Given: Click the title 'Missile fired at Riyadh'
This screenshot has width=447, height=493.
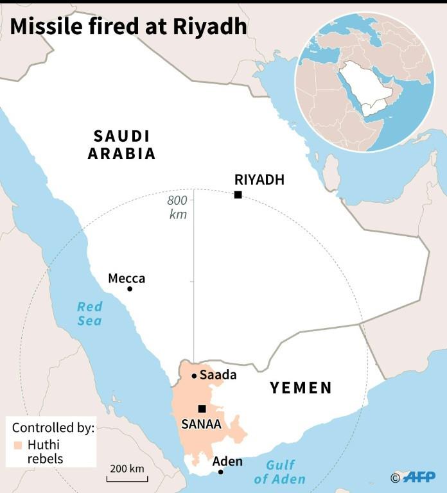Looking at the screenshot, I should coord(128,26).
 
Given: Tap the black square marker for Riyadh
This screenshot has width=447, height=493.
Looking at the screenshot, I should coord(238,195).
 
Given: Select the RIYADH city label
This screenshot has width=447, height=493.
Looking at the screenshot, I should coord(259,180).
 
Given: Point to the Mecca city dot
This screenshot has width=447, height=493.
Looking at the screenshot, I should coord(130,289).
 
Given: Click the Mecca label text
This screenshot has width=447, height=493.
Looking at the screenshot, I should coord(127,278).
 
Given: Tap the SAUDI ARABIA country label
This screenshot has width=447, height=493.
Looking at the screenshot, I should coord(122,144).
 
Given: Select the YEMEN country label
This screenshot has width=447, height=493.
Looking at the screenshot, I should coord(301,387).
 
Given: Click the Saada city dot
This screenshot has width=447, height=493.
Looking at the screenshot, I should coord(194,376).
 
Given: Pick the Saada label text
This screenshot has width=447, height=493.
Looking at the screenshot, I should coord(218,375).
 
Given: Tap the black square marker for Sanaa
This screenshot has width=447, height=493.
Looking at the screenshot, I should coord(202,408).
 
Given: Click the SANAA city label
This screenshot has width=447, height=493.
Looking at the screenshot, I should coord(202,424).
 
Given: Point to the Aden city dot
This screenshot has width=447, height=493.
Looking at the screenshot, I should coord(220,472).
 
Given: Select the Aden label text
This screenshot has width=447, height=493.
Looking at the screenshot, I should coord(227,461).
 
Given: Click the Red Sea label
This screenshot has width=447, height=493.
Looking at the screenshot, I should coord(90,313).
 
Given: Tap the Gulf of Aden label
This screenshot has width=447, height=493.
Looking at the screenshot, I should coord(280,472).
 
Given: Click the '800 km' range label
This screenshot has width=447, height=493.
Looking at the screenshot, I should coord(177,207).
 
